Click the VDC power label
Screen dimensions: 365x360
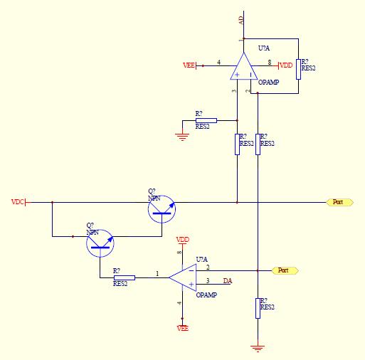click(18, 202)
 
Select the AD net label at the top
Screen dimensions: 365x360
click(241, 20)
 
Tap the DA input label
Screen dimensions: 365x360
click(228, 281)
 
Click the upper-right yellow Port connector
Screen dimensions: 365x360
click(340, 202)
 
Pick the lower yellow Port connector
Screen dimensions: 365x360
click(285, 270)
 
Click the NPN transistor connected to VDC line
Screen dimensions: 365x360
click(162, 209)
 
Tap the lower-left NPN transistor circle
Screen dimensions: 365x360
click(100, 243)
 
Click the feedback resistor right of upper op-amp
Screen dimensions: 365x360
click(298, 69)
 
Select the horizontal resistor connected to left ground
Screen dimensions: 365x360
click(206, 120)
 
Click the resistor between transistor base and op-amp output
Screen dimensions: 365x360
click(125, 277)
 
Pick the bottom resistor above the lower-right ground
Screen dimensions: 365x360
click(258, 308)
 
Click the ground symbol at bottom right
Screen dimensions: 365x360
click(258, 348)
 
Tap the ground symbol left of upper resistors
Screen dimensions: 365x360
click(182, 137)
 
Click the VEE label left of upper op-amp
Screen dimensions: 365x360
click(189, 65)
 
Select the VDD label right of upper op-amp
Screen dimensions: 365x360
click(286, 65)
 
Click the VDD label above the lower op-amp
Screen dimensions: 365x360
click(183, 240)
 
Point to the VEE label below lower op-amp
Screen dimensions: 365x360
click(183, 328)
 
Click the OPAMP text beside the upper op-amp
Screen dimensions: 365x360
click(268, 83)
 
